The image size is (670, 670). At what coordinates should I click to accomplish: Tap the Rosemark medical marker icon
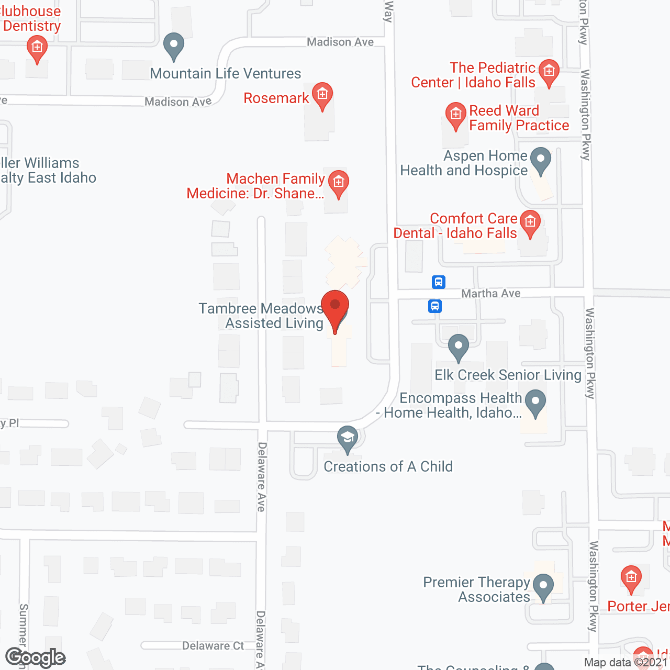[x=322, y=95]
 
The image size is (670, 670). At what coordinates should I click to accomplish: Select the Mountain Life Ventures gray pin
[x=174, y=46]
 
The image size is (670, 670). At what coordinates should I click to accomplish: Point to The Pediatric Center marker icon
[x=549, y=71]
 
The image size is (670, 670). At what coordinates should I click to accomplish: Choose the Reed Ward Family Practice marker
[x=455, y=115]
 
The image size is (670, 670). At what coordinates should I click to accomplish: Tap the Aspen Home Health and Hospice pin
[x=541, y=160]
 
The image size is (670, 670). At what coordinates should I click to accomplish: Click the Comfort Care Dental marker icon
[x=530, y=223]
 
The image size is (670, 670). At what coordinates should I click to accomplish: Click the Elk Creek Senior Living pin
[x=459, y=347]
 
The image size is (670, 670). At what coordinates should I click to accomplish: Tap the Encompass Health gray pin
[x=535, y=403]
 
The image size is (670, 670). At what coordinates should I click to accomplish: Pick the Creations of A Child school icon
[x=347, y=438]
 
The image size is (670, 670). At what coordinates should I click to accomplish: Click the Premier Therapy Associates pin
[x=543, y=587]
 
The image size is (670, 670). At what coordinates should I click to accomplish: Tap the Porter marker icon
[x=631, y=578]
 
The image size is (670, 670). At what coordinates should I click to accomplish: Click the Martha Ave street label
[x=491, y=294]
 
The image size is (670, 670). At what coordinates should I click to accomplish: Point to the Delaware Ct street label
[x=213, y=646]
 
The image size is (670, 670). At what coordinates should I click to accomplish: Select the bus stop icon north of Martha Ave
[x=439, y=282]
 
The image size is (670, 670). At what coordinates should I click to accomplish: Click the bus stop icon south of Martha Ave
[x=434, y=306]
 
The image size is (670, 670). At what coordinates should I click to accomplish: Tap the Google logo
[x=36, y=657]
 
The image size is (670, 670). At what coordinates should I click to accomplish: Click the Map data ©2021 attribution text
[x=626, y=663]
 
